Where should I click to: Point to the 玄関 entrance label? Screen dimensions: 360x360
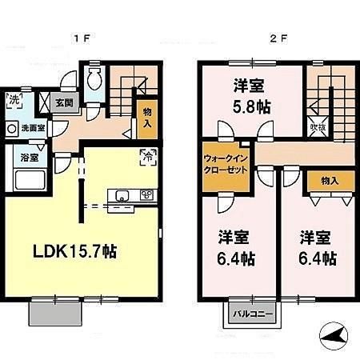pos(64,102)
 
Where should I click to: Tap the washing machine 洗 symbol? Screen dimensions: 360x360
pos(14,102)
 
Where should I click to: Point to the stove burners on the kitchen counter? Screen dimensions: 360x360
pos(147,194)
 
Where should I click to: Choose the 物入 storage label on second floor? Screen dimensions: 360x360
pos(328,181)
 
